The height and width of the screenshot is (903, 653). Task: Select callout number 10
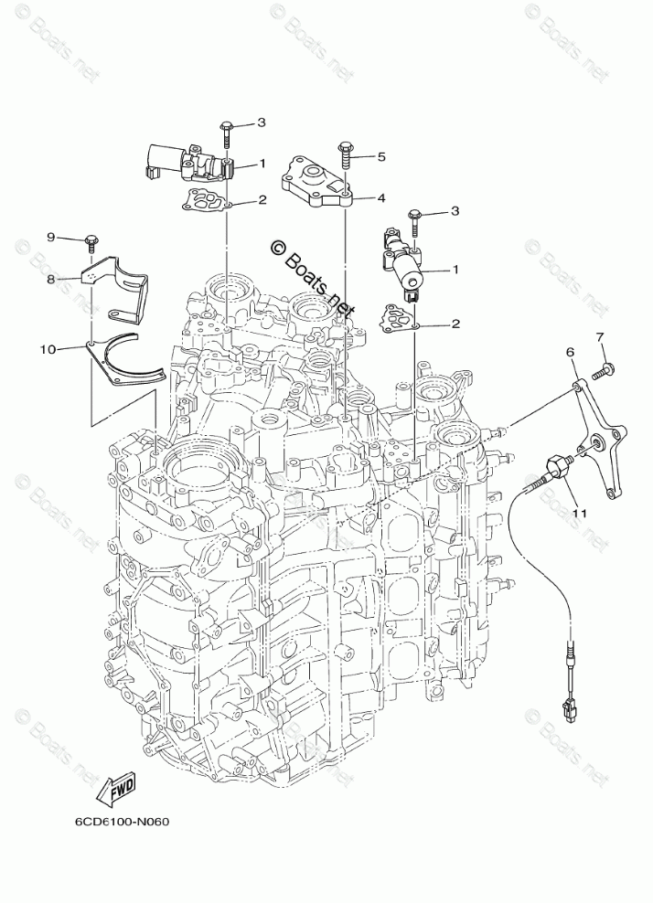point(48,348)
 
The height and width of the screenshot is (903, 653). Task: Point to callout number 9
point(51,238)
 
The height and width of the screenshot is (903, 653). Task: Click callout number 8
point(51,279)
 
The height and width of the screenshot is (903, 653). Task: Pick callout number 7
point(601,338)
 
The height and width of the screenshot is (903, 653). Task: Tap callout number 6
point(570,352)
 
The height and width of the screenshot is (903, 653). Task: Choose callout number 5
point(381,156)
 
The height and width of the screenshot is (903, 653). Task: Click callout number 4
point(381,197)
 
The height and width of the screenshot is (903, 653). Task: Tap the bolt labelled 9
point(91,242)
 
